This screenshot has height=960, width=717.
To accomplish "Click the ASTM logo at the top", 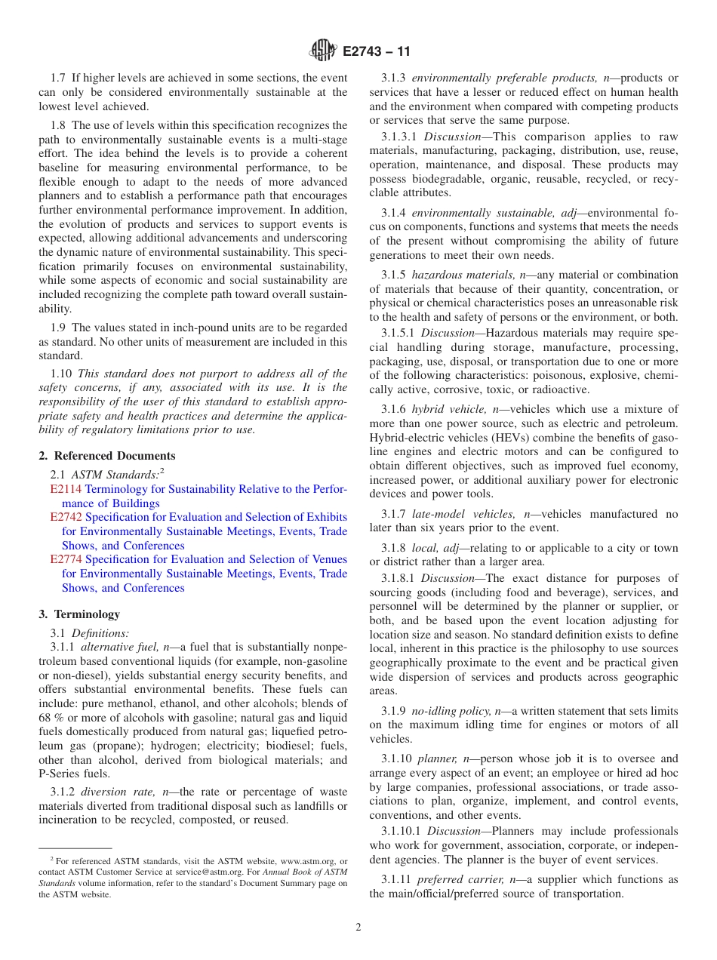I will pyautogui.click(x=322, y=51).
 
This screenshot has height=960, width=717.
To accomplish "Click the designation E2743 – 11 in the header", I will pyautogui.click(x=376, y=52).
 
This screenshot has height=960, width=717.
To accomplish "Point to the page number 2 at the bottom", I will pyautogui.click(x=358, y=928).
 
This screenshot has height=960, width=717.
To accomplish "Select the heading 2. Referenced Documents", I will pyautogui.click(x=107, y=456).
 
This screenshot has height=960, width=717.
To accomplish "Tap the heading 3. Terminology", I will pyautogui.click(x=79, y=614).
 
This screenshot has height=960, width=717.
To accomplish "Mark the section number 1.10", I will pyautogui.click(x=61, y=374).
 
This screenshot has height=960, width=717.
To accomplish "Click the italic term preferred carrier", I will pyautogui.click(x=456, y=879).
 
